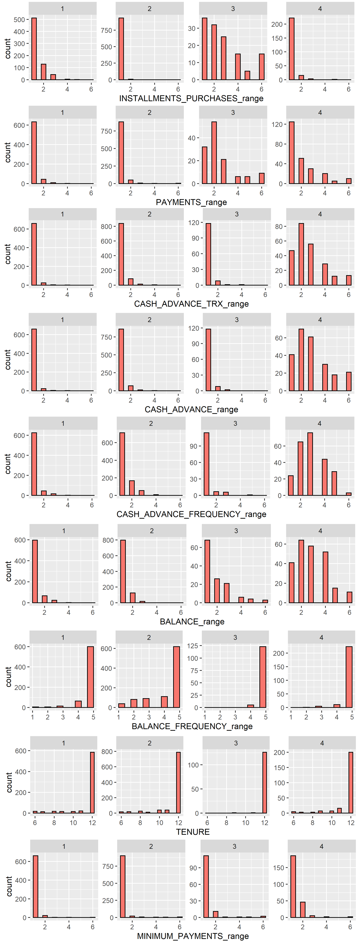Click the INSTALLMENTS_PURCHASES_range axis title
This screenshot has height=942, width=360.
(x=191, y=98)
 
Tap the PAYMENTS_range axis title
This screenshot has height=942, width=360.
(x=191, y=202)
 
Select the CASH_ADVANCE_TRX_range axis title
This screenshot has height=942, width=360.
(x=191, y=304)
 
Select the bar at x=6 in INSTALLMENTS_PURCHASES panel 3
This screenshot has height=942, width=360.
(x=262, y=67)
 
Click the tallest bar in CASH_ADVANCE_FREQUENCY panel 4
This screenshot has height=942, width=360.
(x=310, y=464)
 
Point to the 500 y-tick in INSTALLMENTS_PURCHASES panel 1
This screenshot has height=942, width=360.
(x=19, y=20)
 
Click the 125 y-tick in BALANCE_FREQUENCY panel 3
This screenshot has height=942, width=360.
(x=193, y=646)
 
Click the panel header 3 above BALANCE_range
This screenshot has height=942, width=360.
(x=236, y=531)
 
